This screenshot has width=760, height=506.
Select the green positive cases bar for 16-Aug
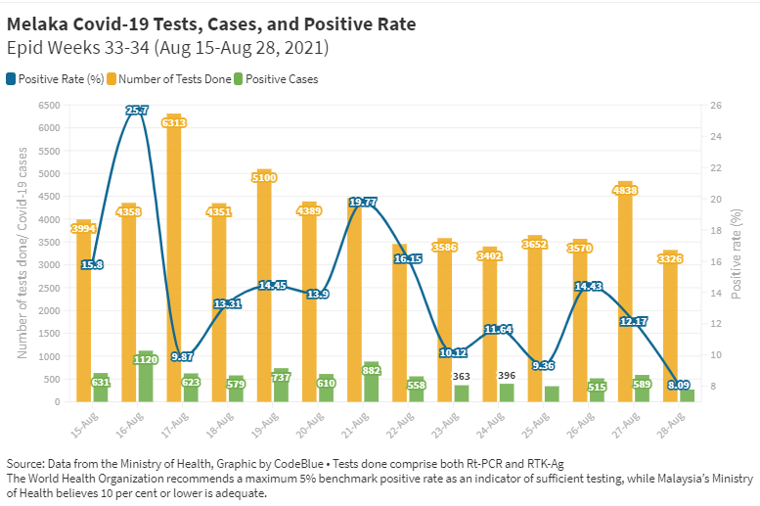pos(146,377)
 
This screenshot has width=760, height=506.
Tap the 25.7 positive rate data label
pos(137,111)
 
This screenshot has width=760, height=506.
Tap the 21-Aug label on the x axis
pos(354,423)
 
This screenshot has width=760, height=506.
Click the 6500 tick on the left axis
pos(49,105)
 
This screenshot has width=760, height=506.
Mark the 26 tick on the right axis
pos(716,105)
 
